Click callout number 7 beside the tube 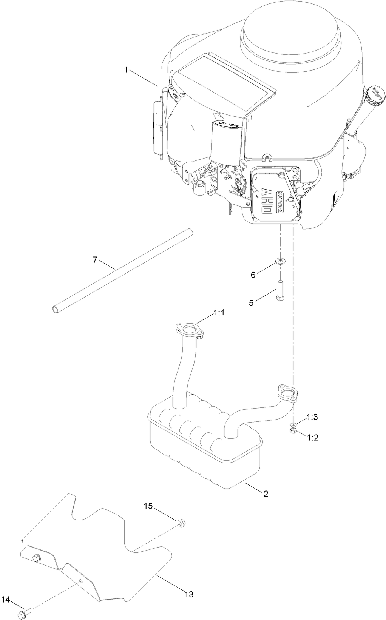tap(95, 259)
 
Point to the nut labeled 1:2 tap(293, 431)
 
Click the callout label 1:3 tap(312, 417)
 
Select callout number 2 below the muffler tap(266, 494)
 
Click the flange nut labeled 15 tap(182, 523)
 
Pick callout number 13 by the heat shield tap(189, 594)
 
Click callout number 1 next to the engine tap(127, 69)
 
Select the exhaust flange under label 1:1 tap(190, 329)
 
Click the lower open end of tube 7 tap(56, 309)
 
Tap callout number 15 tap(148, 506)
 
